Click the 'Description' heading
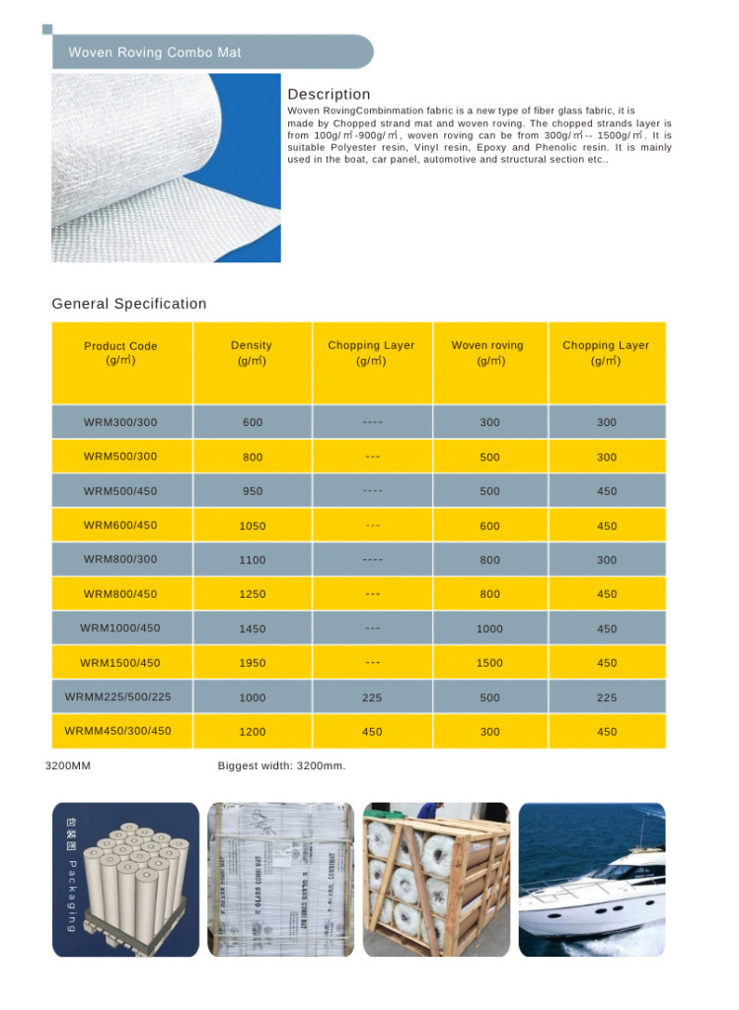[x=329, y=95]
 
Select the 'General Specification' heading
[x=129, y=304]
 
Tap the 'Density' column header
[x=252, y=353]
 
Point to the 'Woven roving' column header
[x=487, y=353]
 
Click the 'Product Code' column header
[x=120, y=353]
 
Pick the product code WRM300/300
[x=120, y=422]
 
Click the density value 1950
[x=253, y=664]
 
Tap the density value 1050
[x=253, y=526]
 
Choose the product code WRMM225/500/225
[x=118, y=697]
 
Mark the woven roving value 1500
[x=489, y=664]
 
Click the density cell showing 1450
[x=253, y=629]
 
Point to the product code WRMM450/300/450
[x=118, y=732]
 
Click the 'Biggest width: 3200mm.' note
[x=281, y=765]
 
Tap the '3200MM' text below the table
[x=68, y=765]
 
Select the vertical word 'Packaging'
[x=72, y=896]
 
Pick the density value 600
[x=253, y=422]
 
